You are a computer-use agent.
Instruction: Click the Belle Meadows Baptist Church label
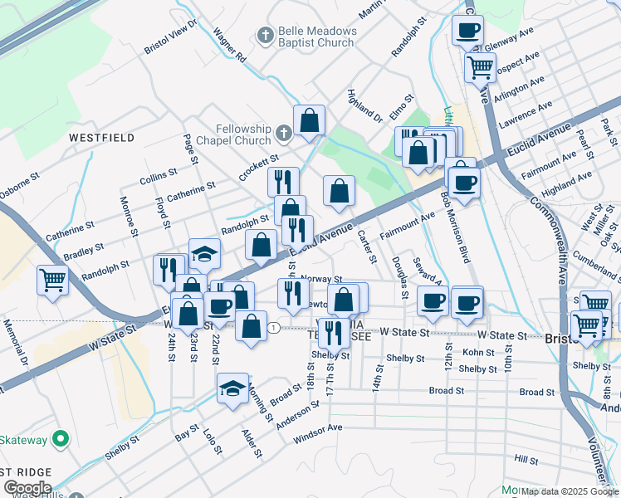[x=318, y=37]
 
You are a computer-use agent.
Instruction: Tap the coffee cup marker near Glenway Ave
[x=467, y=31]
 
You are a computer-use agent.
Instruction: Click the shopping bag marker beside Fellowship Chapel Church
[x=309, y=120]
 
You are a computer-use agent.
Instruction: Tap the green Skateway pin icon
[x=59, y=437]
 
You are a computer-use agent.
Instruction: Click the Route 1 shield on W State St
[x=273, y=328]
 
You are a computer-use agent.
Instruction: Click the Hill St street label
[x=526, y=458]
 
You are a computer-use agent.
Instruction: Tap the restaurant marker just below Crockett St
[x=283, y=181]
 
